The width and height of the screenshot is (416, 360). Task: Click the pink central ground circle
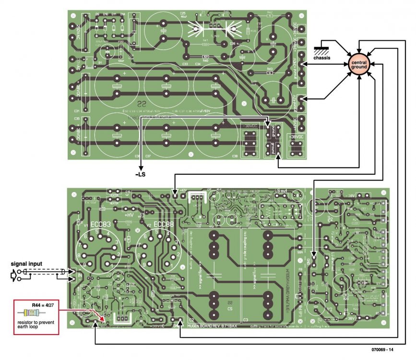[359, 66]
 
